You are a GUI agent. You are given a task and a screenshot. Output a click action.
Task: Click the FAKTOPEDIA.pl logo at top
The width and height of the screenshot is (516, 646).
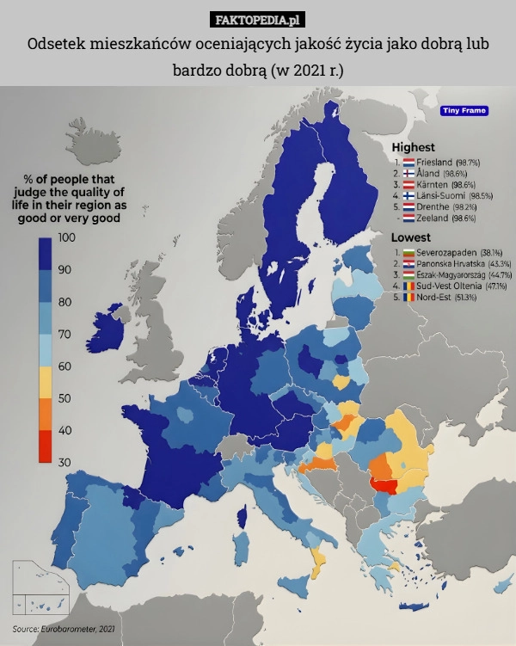click(258, 18)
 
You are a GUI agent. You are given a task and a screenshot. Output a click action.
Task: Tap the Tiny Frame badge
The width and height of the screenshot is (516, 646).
click(464, 110)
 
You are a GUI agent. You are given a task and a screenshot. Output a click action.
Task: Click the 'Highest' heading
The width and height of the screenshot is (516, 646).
click(414, 147)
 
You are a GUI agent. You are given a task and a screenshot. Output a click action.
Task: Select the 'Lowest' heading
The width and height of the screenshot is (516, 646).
click(411, 237)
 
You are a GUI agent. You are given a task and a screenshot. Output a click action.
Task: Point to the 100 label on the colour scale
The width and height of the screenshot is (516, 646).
click(65, 237)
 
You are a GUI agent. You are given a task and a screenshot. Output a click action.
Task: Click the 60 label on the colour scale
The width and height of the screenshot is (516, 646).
click(64, 366)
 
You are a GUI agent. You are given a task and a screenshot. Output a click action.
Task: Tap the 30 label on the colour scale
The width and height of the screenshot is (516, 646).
click(64, 462)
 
